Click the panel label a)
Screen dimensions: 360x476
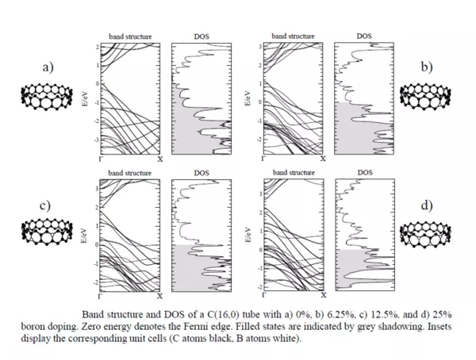pyautogui.click(x=47, y=67)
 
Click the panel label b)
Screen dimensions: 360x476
pyautogui.click(x=427, y=67)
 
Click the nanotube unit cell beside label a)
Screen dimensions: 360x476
pyautogui.click(x=45, y=94)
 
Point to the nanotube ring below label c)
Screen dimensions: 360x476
pyautogui.click(x=46, y=232)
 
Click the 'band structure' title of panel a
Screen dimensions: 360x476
pyautogui.click(x=130, y=36)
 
